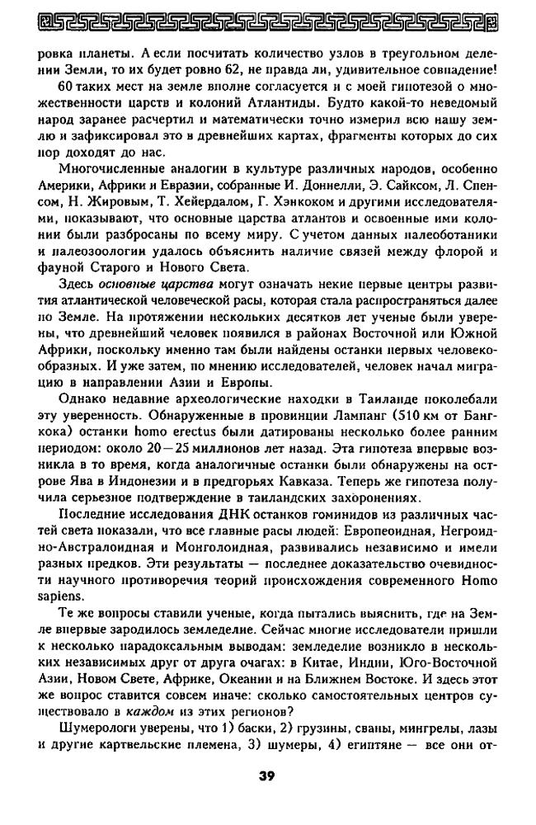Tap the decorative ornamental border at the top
267,19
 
